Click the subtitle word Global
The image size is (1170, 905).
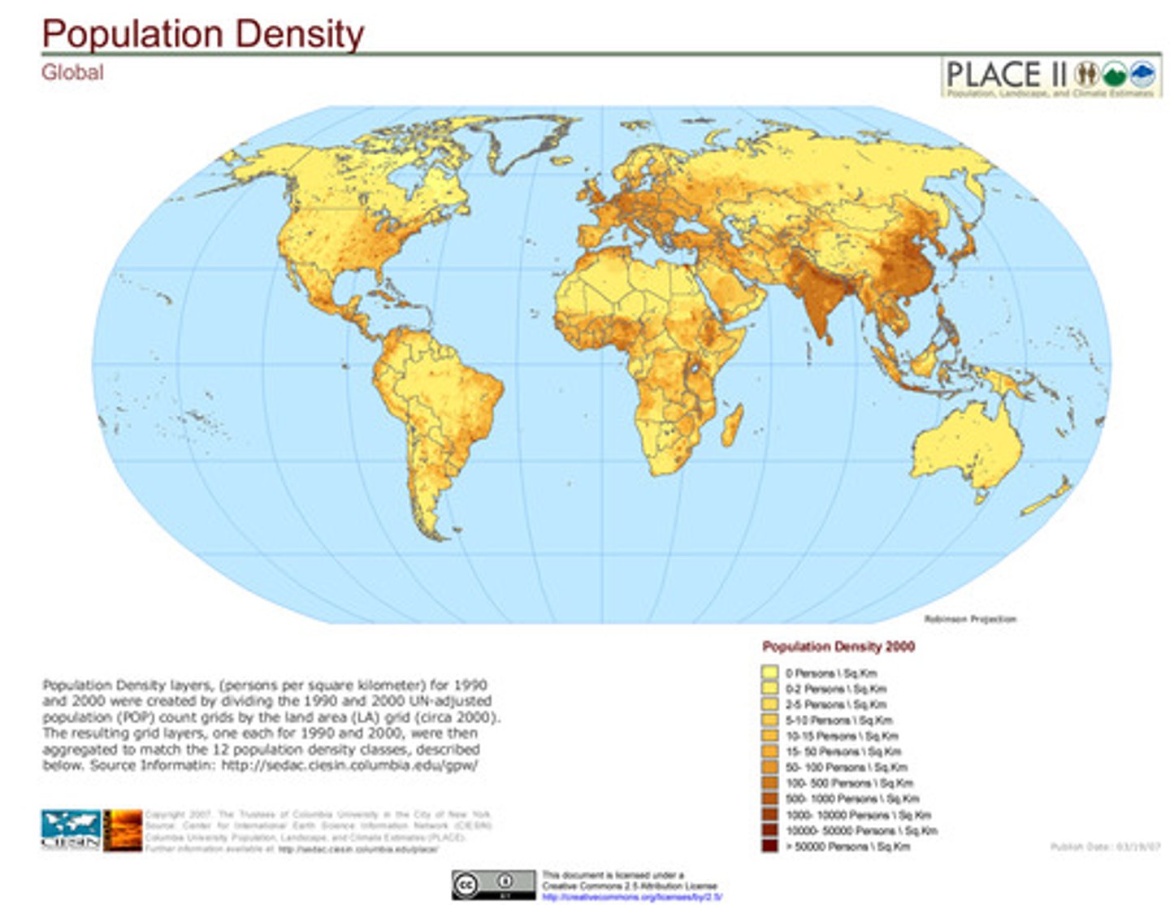coord(72,72)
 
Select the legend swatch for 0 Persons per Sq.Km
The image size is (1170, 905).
coord(769,673)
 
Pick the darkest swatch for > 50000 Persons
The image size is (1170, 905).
coord(769,846)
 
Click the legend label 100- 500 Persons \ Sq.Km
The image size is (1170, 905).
coord(849,783)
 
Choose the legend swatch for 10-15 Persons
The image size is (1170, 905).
coord(769,736)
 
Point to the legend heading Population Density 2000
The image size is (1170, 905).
coord(838,647)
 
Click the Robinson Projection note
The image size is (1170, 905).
coord(970,619)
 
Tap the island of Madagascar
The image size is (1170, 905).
coord(732,427)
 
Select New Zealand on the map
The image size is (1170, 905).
coord(1049,496)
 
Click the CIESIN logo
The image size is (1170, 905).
coord(71,829)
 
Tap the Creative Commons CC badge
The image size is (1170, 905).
coord(493,884)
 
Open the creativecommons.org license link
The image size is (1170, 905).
coord(631,897)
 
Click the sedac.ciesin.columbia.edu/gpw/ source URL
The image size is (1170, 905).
coord(349,765)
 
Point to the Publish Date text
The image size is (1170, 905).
coord(1104,847)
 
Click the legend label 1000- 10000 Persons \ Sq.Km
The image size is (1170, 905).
coord(858,815)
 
